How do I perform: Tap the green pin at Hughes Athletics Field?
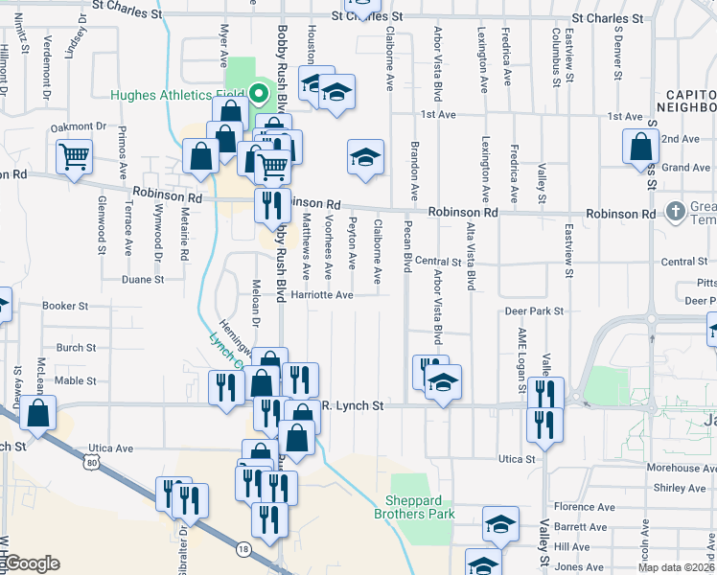coord(257,94)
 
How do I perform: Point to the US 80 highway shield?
coord(91,463)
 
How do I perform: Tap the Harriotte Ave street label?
coord(323,295)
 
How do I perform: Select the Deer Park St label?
coord(533,311)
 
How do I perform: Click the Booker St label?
coord(65,307)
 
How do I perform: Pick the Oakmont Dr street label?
coord(78,126)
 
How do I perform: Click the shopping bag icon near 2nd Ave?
coord(640,148)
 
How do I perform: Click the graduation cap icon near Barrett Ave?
coord(499,524)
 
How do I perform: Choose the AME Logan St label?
coord(523,353)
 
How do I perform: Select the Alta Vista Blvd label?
coord(471,257)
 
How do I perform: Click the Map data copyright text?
coord(677,567)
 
